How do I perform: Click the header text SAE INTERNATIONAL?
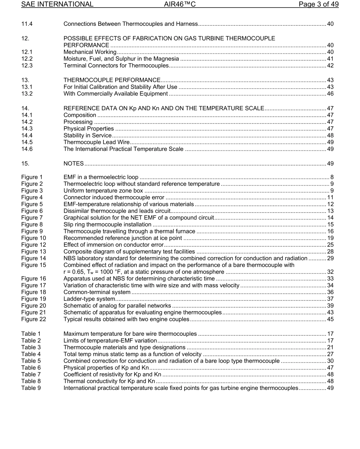pos(57,5)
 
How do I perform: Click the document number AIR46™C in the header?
pos(180,5)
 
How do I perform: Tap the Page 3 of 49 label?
pos(318,5)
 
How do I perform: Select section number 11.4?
pos(27,24)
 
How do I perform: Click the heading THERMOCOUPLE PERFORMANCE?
pos(112,80)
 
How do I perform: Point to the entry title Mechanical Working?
pos(90,52)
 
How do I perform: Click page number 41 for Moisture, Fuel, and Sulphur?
pos(330,59)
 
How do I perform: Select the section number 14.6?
pos(27,149)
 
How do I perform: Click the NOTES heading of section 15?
pos(74,164)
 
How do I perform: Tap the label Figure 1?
pos(32,177)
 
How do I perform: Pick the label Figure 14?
pos(33,258)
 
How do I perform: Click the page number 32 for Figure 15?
pos(330,272)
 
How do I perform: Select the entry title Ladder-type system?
pos(87,299)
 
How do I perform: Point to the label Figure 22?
pos(33,319)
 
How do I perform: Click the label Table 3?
pos(31,347)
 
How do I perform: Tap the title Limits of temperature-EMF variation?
pos(110,341)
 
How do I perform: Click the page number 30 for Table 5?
pos(330,361)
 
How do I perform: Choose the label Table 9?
pos(31,388)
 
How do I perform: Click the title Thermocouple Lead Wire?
pos(97,142)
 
